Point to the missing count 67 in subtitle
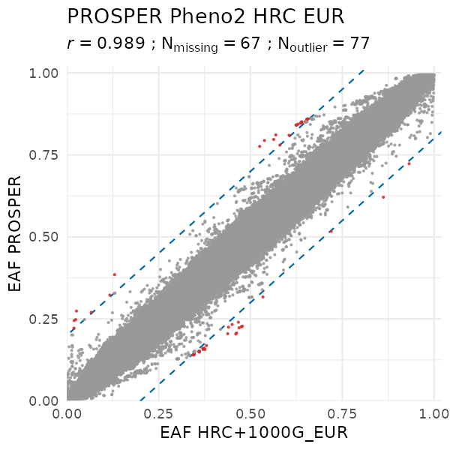(x=255, y=43)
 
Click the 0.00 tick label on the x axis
(x=67, y=413)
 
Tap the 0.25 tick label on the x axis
(x=159, y=413)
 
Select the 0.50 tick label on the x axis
(x=251, y=413)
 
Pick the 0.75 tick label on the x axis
(x=343, y=413)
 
